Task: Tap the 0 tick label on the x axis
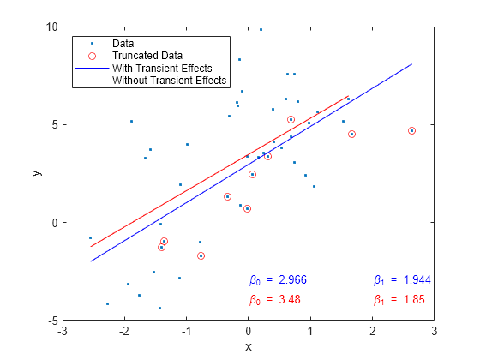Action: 249,331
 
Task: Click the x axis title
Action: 249,346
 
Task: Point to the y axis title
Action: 37,173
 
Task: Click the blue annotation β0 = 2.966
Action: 278,279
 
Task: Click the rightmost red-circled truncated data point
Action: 412,130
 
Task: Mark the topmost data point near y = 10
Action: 261,29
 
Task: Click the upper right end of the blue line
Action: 412,63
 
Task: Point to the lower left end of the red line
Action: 91,247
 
